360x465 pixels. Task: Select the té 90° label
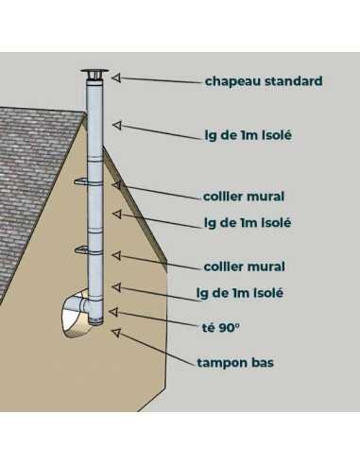tap(220, 328)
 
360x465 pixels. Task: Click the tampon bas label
tap(235, 363)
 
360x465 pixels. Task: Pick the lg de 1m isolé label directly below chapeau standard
tap(249, 135)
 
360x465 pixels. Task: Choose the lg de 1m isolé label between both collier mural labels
tap(248, 223)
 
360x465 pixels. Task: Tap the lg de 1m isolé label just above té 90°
tap(240, 293)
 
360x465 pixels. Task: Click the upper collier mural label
tap(244, 197)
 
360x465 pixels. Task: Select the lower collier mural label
tap(245, 267)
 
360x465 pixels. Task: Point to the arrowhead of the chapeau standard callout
tap(116, 77)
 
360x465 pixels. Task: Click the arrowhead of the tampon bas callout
tap(116, 333)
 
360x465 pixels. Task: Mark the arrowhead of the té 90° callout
tap(113, 312)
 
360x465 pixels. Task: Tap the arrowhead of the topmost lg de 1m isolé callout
tap(117, 125)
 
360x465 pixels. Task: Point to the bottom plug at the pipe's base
tap(95, 321)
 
